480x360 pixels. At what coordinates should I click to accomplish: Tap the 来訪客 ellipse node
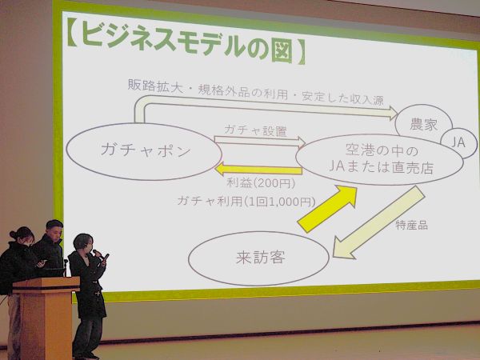tap(258, 258)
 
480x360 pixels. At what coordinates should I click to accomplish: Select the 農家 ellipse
tap(424, 124)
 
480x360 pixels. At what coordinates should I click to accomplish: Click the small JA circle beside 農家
tap(458, 142)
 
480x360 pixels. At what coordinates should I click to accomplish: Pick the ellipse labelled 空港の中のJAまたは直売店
tap(379, 158)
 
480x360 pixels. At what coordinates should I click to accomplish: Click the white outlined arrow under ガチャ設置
tap(260, 143)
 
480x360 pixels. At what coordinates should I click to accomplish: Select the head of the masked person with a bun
tap(22, 236)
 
